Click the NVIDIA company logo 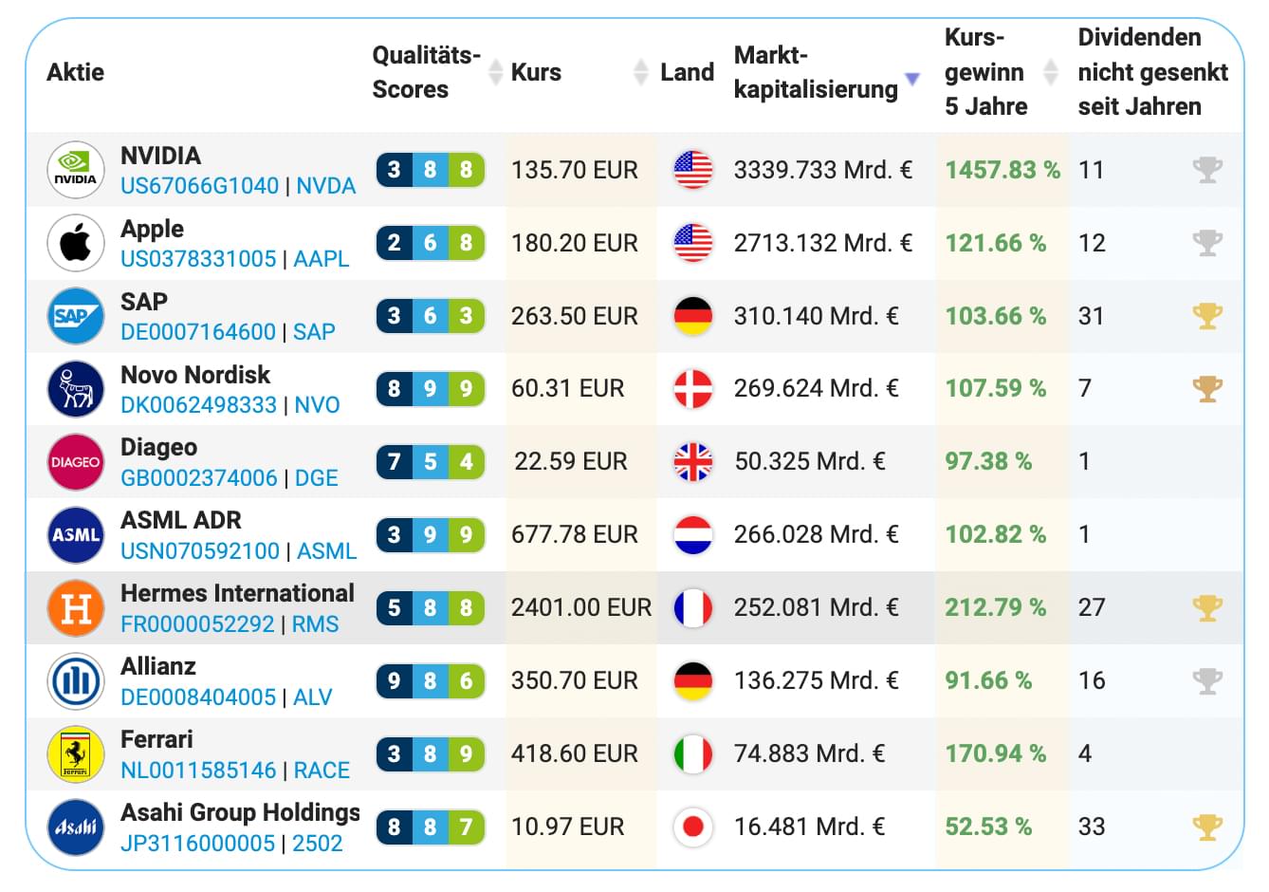(x=75, y=170)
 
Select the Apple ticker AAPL (x=321, y=259)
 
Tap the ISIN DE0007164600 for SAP (x=197, y=332)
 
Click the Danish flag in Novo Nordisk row (x=692, y=389)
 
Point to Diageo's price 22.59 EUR (x=570, y=462)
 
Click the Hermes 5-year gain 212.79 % (x=995, y=607)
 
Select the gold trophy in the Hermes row (x=1206, y=607)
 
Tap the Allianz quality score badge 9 (x=395, y=681)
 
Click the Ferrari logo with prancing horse (x=75, y=754)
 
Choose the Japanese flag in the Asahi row (x=692, y=827)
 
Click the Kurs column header (x=536, y=73)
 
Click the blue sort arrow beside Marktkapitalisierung (x=911, y=79)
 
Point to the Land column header (x=687, y=73)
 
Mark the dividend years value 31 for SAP (x=1091, y=316)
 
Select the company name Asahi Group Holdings (x=240, y=813)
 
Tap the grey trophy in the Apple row (x=1206, y=243)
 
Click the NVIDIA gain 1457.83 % (x=1002, y=170)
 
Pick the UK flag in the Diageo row (x=692, y=462)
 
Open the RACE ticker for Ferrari (x=322, y=771)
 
